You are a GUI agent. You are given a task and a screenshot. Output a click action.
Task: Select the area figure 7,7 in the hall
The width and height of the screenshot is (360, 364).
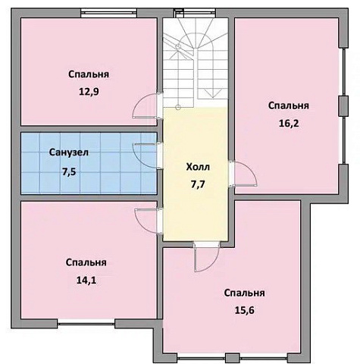coord(197,184)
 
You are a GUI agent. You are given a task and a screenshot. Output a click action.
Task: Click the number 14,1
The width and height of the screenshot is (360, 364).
coord(86,279)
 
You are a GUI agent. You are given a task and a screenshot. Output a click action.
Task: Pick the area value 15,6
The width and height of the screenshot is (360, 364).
coord(244,309)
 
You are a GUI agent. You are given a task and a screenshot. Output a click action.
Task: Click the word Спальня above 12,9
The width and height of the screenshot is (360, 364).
coord(89,74)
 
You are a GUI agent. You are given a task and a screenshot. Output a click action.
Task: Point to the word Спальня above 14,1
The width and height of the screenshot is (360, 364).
coord(86,262)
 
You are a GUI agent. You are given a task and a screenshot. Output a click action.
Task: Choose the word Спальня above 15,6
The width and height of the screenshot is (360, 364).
coord(244,293)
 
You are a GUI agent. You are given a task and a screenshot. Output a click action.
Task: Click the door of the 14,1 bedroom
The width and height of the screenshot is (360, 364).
coord(147,220)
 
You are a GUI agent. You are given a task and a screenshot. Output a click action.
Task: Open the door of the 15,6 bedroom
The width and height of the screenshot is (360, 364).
coord(205,258)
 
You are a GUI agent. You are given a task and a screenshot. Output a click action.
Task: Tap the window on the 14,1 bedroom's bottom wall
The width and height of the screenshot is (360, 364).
coord(86,322)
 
